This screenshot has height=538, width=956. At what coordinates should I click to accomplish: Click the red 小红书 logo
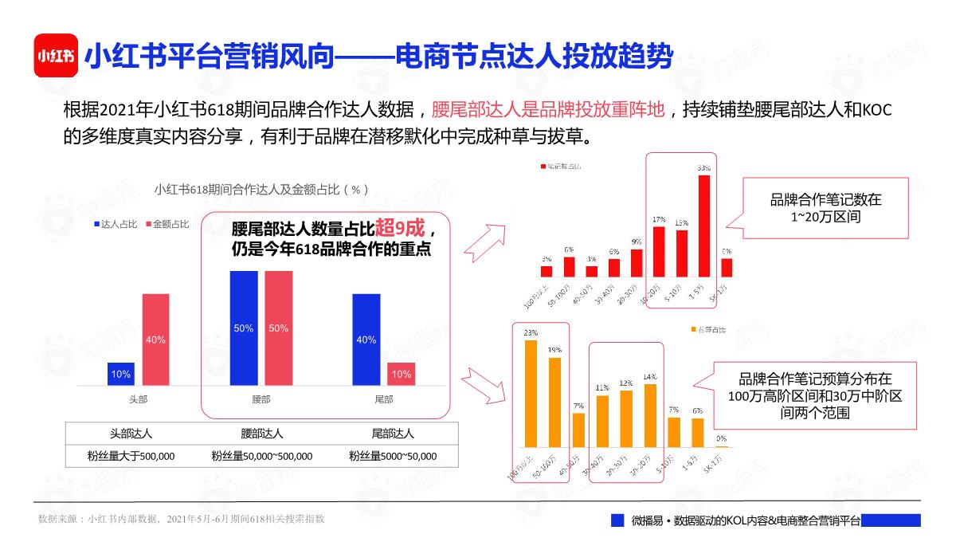[x=56, y=56]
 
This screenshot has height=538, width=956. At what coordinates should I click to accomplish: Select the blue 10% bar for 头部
[x=121, y=375]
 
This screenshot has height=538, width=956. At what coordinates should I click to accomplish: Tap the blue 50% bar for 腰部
[x=244, y=328]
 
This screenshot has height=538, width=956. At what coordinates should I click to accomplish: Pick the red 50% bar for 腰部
[x=279, y=328]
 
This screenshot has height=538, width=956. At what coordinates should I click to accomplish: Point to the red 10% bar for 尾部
[x=401, y=375]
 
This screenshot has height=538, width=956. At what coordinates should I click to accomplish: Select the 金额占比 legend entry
[x=167, y=224]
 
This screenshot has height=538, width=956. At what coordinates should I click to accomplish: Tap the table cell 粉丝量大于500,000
[x=131, y=456]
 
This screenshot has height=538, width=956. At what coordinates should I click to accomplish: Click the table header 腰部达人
[x=262, y=434]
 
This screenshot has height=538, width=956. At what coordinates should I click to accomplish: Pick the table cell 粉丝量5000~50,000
[x=393, y=456]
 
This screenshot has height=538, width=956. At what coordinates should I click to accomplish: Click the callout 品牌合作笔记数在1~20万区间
[x=825, y=207]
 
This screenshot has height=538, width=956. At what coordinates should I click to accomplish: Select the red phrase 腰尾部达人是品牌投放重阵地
[x=547, y=110]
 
